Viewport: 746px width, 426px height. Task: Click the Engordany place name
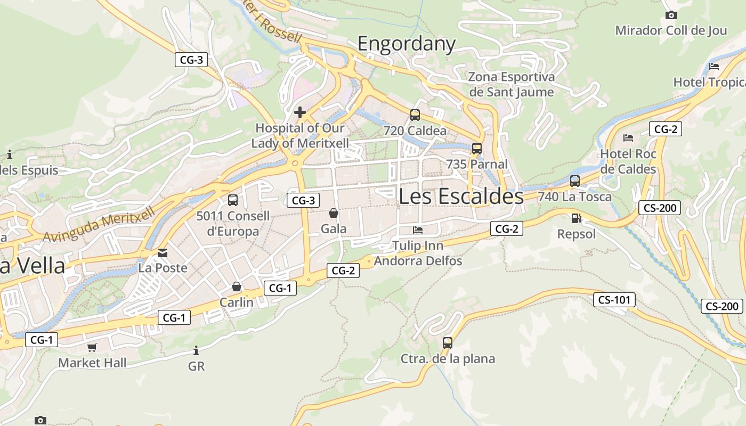pos(406,44)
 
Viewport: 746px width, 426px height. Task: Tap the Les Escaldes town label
pos(461,196)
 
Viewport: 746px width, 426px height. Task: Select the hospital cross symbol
pos(300,112)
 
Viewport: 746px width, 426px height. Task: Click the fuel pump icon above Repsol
pos(576,218)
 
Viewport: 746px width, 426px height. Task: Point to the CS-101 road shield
pos(614,300)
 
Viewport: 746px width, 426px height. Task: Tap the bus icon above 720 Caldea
pos(415,114)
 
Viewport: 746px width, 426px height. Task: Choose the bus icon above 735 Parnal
pos(477,149)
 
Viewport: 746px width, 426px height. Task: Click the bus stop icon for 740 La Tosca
pos(574,181)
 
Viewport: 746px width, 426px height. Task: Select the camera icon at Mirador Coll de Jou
pos(671,15)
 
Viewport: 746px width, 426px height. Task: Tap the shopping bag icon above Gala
pos(334,213)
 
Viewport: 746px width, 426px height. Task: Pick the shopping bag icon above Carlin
pos(237,286)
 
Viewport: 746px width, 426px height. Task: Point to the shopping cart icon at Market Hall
pos(92,347)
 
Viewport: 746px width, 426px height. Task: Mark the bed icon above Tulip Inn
pos(418,230)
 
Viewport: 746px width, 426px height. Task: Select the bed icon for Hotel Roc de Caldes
pos(628,138)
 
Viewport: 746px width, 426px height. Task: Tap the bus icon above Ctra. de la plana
pos(448,343)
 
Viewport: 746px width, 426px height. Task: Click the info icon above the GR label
pos(196,350)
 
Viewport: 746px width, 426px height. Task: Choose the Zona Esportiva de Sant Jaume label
pos(511,84)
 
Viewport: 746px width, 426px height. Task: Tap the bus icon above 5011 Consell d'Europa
pos(233,200)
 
